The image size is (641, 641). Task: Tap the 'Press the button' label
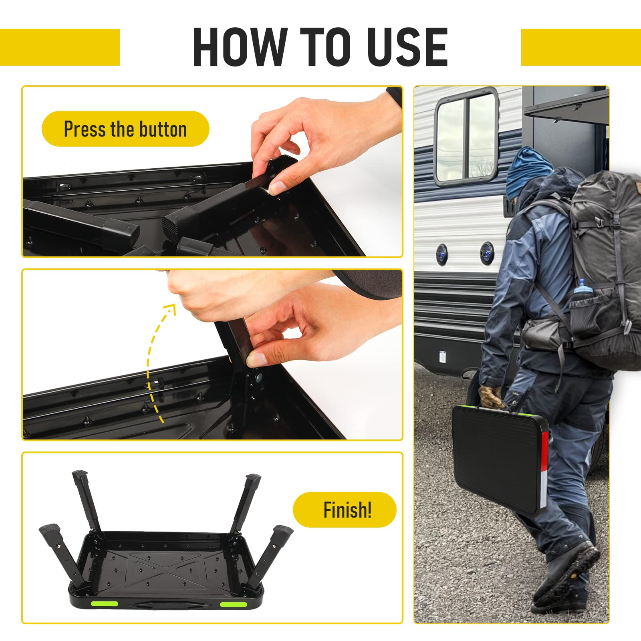[x=125, y=129]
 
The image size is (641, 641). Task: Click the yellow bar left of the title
[x=60, y=47]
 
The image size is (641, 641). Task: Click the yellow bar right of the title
[x=581, y=47]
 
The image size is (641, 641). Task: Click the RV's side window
[x=466, y=137]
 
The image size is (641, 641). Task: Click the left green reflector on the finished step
[x=104, y=603]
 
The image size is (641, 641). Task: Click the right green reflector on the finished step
[x=233, y=604]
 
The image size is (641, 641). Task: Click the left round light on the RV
[x=442, y=253]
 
